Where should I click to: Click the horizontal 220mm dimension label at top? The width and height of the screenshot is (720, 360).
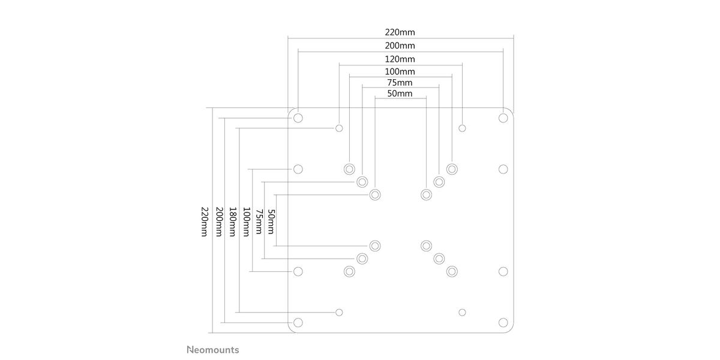[400, 32]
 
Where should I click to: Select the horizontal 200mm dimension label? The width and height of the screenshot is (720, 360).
[400, 46]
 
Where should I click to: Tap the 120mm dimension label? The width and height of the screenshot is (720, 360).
[400, 59]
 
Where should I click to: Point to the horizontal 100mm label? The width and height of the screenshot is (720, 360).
[400, 72]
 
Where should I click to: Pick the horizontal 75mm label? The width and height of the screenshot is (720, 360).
[400, 83]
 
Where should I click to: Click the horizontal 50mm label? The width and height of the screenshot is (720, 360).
[400, 94]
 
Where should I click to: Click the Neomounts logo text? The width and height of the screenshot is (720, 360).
[212, 350]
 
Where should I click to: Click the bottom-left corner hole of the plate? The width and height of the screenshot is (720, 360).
[298, 322]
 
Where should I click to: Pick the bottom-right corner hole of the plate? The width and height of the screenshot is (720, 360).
[503, 322]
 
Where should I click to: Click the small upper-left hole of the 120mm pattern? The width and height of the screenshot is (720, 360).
[340, 128]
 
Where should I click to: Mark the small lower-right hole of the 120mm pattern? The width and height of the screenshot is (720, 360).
[462, 312]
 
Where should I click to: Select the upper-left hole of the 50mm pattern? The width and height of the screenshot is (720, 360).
[375, 194]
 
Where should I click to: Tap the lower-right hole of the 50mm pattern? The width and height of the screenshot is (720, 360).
[427, 245]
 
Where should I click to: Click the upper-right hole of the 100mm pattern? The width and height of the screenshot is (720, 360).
[452, 169]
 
